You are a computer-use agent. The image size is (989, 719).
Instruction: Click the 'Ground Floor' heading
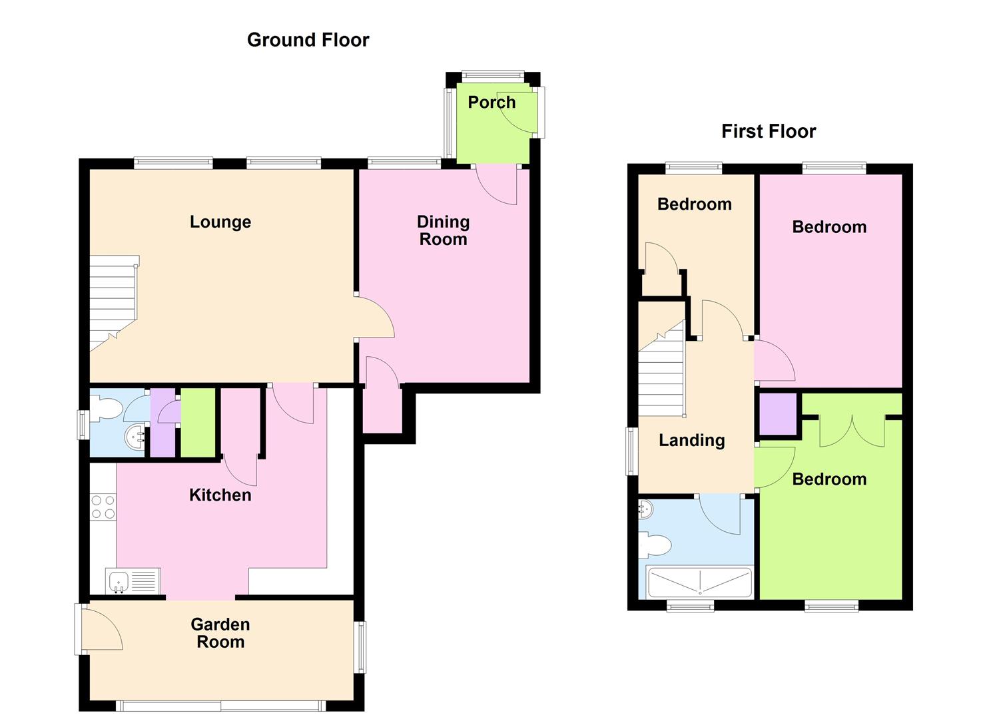pos(308,40)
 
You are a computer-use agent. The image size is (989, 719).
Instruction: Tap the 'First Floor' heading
pos(769,131)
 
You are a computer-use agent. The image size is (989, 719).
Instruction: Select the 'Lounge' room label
pos(220,222)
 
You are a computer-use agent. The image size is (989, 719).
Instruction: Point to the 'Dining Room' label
pos(443,230)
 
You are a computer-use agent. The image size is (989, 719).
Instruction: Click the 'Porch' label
pos(492,103)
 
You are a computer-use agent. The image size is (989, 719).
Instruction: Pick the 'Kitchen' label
pos(220,495)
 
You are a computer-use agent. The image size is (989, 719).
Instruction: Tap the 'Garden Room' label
pos(220,633)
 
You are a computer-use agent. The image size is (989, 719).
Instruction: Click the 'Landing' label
pos(691,440)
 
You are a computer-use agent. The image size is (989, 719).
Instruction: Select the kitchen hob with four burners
pos(103,507)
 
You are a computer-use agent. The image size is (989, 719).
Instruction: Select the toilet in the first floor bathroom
pos(656,546)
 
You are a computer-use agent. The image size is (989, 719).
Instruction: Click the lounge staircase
pos(113,303)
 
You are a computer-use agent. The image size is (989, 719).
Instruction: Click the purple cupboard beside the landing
pos(778,414)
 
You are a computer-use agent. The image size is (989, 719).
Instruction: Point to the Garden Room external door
pos(100,628)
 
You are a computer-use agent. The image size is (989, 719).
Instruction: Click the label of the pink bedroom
pos(829,227)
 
